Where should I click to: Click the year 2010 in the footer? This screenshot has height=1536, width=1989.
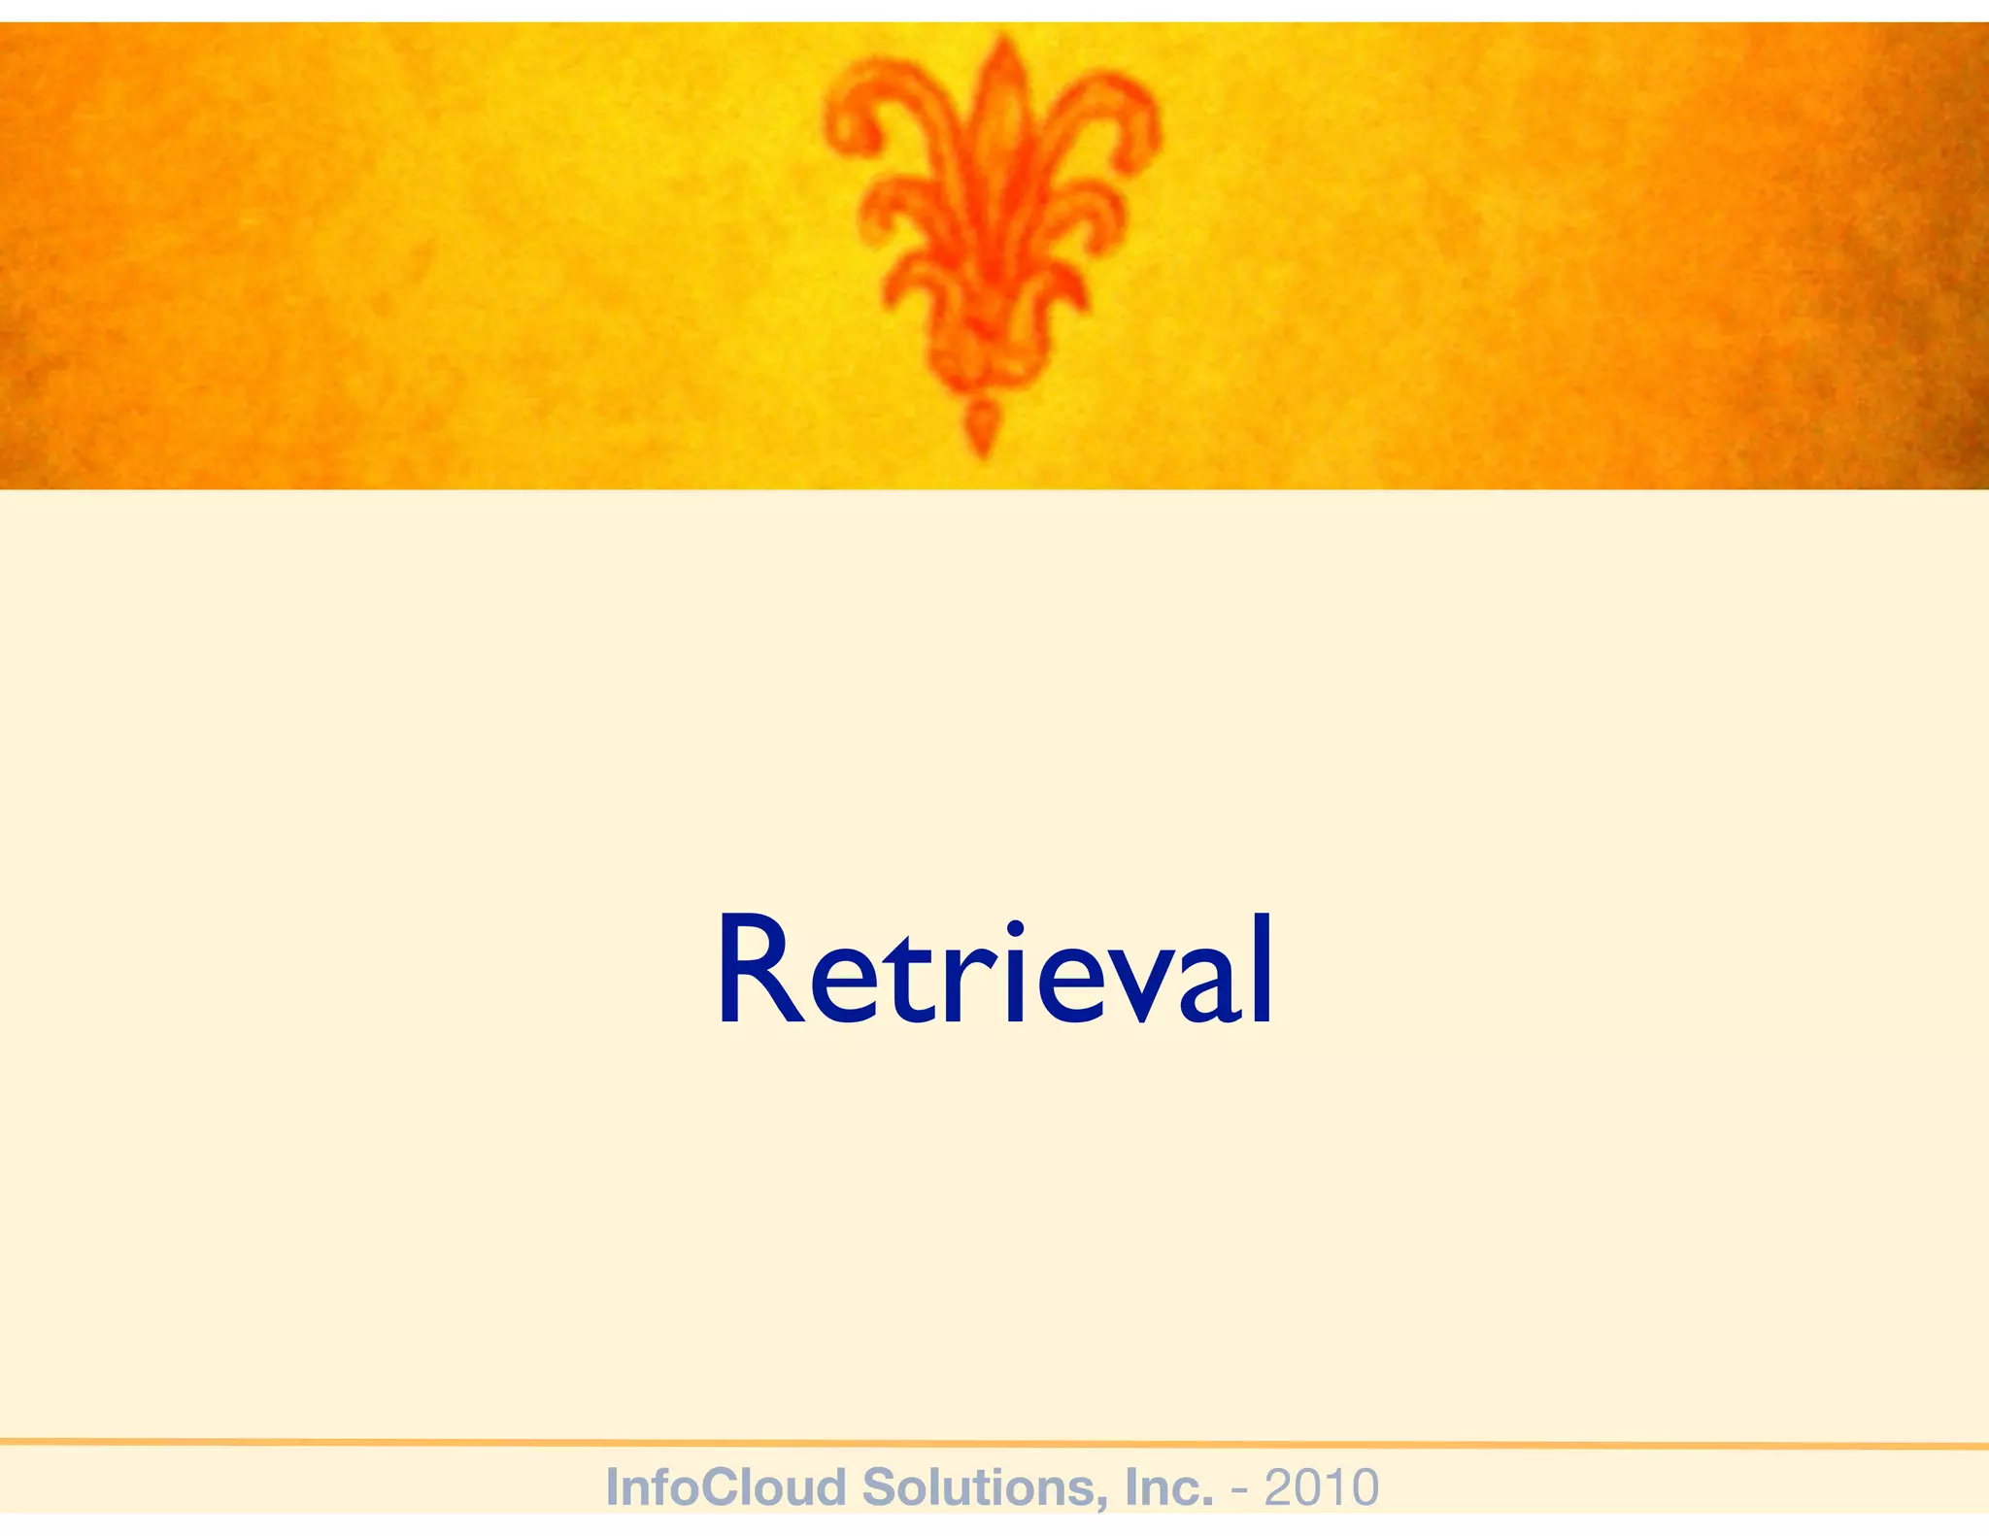tap(1322, 1486)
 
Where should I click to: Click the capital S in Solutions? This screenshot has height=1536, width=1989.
tap(880, 1487)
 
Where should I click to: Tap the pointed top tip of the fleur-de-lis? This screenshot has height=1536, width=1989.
tap(1003, 41)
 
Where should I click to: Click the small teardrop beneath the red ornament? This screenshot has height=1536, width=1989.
tap(982, 427)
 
